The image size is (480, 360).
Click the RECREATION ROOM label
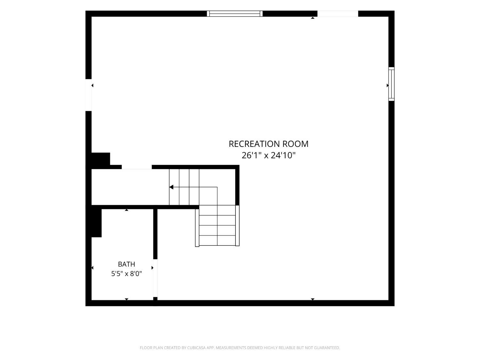(x=268, y=144)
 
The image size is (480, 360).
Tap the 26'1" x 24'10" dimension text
(x=268, y=156)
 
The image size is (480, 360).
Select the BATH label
(x=126, y=264)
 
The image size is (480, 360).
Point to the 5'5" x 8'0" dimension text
(x=126, y=274)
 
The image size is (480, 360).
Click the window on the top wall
(x=235, y=13)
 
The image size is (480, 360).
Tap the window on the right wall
(x=391, y=84)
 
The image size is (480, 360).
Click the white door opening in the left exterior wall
(x=88, y=95)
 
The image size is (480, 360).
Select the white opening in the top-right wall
(x=338, y=13)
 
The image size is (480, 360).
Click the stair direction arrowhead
(x=171, y=187)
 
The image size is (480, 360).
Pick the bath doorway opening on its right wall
(x=155, y=278)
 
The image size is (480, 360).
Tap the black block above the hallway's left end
(x=100, y=159)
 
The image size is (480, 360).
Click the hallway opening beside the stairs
(x=137, y=167)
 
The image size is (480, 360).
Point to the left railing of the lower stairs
(x=197, y=228)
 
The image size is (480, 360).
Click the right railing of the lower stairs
(x=237, y=225)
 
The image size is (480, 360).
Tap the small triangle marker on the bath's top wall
(x=126, y=210)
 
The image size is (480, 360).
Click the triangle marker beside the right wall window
(x=388, y=85)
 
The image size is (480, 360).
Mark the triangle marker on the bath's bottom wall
(x=126, y=299)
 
